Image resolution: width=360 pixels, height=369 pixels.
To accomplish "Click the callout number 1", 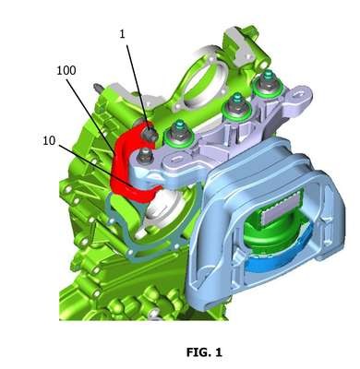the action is coord(123,34).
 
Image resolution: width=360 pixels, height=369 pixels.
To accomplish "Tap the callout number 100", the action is coord(66,70).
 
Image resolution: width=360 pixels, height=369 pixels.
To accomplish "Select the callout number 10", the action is coord(49,140).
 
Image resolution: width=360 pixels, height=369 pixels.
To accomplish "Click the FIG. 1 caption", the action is coord(204,352).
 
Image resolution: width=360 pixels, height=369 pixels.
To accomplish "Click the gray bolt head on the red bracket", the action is coord(150,134).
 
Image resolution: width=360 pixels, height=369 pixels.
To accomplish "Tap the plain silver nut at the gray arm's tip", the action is coord(146,155).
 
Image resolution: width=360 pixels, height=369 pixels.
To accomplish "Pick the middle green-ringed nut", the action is coord(235,107).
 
